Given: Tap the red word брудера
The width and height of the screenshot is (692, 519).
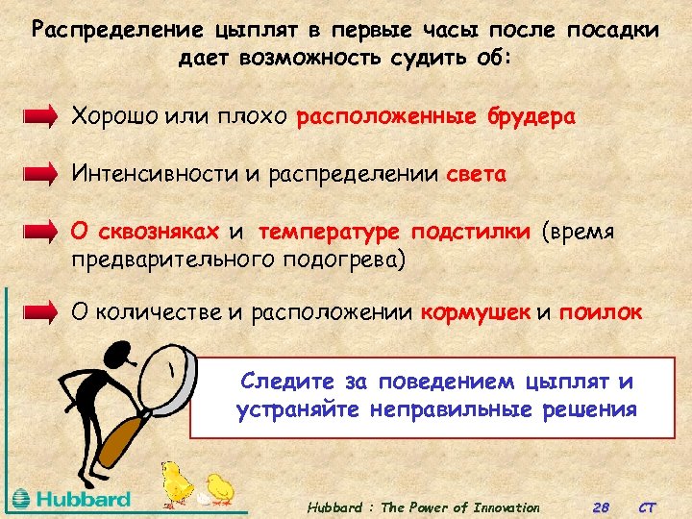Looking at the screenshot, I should click(529, 117).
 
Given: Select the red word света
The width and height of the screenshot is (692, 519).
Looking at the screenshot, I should click(477, 174).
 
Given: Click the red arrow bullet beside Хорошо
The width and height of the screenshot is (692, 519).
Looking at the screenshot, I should click(41, 118).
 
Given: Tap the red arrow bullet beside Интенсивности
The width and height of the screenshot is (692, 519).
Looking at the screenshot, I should click(41, 174).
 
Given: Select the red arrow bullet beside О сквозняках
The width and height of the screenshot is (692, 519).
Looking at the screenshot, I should click(41, 232).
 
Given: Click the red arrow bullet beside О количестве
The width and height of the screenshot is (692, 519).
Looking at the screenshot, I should click(41, 312).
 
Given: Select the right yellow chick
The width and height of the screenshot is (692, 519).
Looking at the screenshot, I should click(219, 486).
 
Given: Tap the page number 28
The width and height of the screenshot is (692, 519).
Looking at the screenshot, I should click(602, 507).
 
